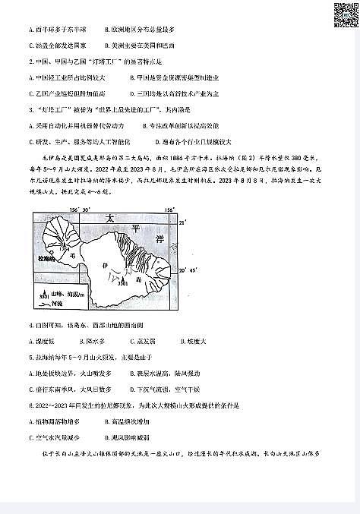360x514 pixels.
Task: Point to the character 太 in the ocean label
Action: (112, 217)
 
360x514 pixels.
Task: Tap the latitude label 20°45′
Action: (188, 269)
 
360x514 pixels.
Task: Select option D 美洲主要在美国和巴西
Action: (144, 66)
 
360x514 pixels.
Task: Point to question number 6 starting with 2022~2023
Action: (30, 405)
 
